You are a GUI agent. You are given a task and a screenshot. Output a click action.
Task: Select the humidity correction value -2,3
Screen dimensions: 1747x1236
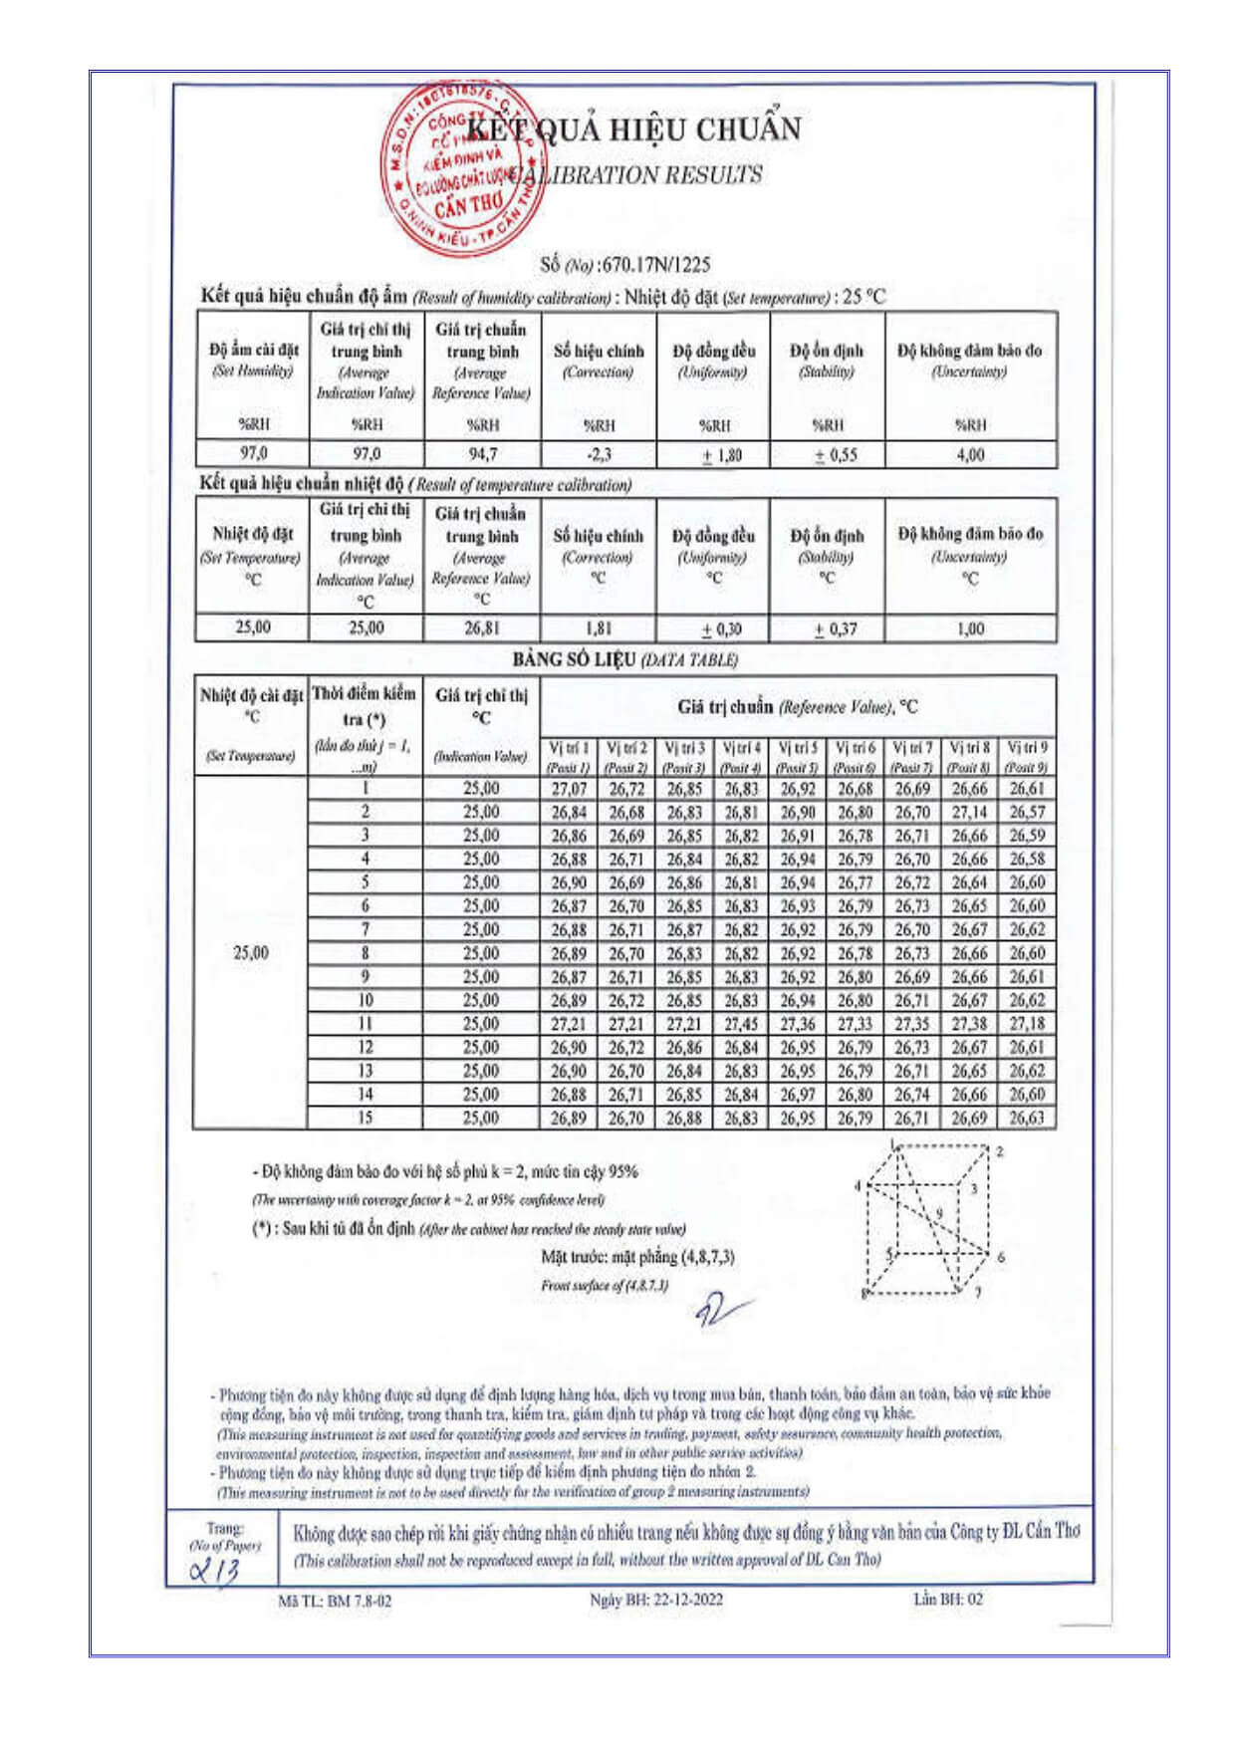pyautogui.click(x=599, y=455)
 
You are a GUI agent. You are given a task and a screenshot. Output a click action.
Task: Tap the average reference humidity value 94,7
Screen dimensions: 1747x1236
pyautogui.click(x=482, y=454)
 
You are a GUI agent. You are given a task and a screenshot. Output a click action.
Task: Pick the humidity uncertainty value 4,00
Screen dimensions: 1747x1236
pyautogui.click(x=970, y=455)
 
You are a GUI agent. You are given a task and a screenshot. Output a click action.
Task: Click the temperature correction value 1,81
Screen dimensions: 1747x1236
pyautogui.click(x=598, y=628)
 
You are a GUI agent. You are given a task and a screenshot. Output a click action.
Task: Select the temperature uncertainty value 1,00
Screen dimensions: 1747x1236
pyautogui.click(x=970, y=628)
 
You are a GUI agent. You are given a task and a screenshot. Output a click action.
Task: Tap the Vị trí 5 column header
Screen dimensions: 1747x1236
pyautogui.click(x=798, y=748)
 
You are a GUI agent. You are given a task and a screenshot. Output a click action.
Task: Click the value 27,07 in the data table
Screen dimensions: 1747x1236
pyautogui.click(x=569, y=789)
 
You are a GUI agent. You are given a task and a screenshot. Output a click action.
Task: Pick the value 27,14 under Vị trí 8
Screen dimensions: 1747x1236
pyautogui.click(x=969, y=813)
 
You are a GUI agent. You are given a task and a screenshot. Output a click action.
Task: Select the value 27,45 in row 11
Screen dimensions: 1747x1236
pyautogui.click(x=741, y=1024)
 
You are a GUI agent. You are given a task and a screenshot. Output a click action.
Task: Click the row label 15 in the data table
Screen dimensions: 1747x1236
pyautogui.click(x=366, y=1119)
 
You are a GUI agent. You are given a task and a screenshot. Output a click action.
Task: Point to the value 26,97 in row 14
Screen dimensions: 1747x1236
pyautogui.click(x=798, y=1095)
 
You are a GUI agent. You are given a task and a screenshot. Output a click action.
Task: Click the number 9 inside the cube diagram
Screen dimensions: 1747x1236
pyautogui.click(x=938, y=1213)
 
